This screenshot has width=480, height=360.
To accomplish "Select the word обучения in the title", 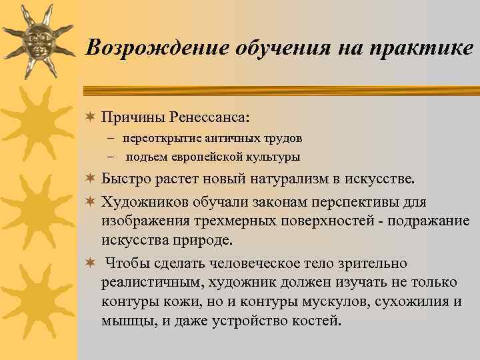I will coord(274,48).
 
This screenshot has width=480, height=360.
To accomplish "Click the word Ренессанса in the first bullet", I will coord(208,117).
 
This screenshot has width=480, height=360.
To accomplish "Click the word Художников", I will coord(141,202).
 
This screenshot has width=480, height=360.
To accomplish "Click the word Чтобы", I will coord(126,263).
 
